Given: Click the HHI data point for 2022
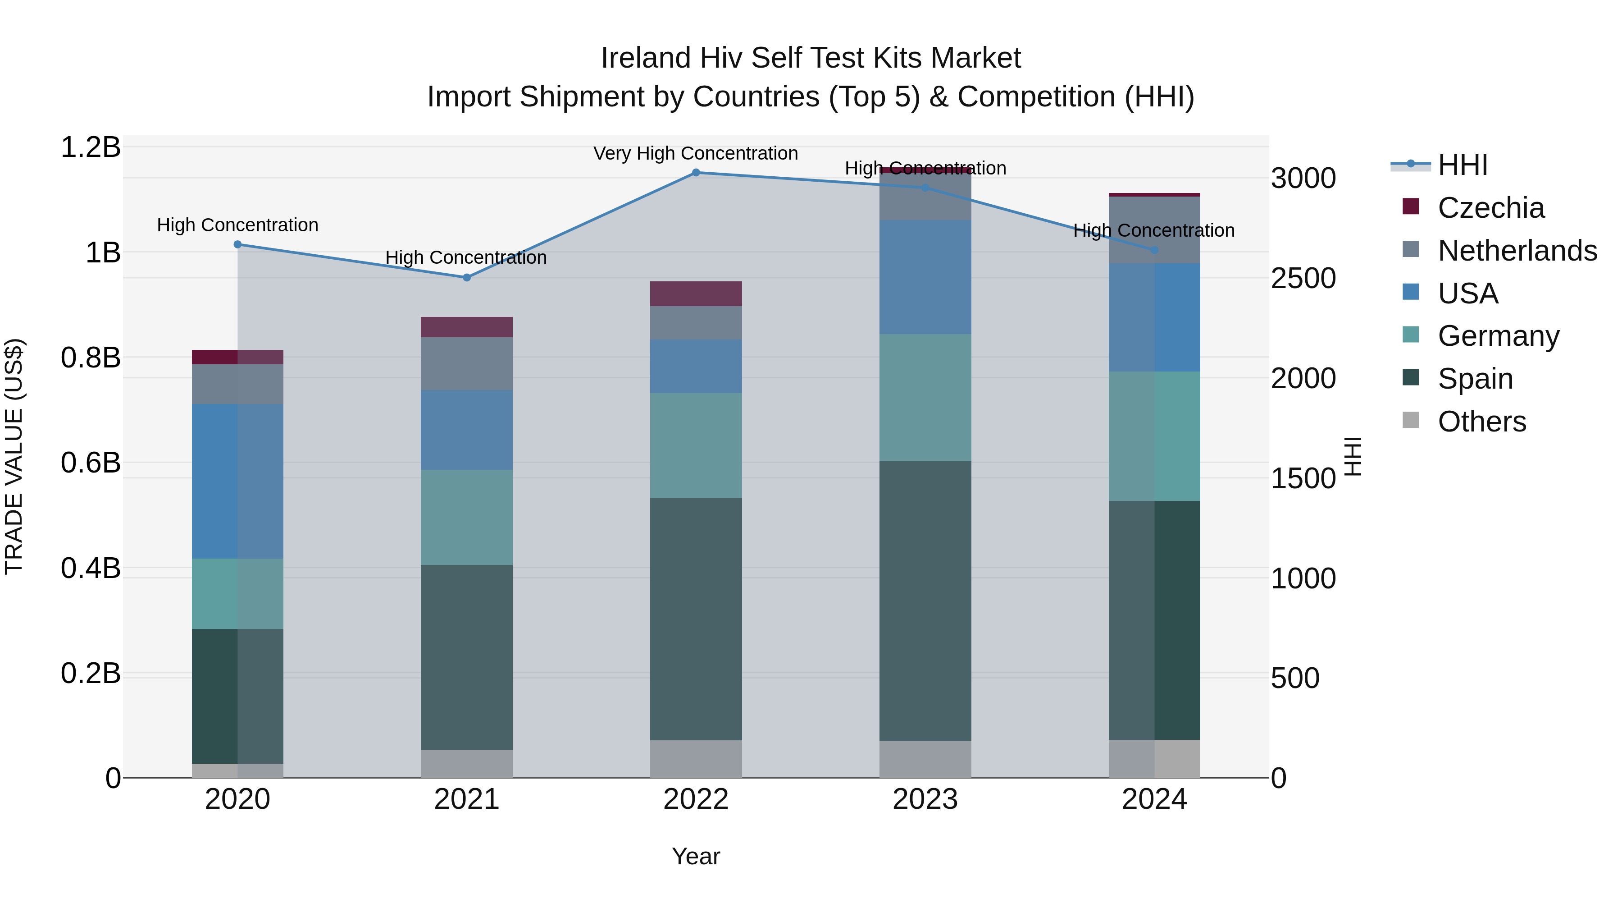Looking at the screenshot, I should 696,173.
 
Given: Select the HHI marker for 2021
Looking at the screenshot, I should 467,278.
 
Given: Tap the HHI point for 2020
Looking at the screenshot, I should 237,244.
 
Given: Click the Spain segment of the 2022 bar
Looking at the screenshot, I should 696,619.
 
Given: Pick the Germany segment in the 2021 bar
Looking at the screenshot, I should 467,517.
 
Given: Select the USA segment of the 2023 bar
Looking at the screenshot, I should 925,277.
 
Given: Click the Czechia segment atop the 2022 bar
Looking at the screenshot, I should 696,294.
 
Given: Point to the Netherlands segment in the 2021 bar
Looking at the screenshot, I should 467,363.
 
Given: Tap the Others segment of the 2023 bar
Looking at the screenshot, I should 925,759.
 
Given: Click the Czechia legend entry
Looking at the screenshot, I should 1490,208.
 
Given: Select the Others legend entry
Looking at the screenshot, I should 1481,422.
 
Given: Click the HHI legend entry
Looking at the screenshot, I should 1462,165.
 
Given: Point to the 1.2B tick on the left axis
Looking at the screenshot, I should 91,147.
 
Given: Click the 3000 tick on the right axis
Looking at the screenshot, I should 1303,178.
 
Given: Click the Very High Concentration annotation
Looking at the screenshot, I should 696,153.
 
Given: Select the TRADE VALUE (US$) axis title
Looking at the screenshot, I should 14,456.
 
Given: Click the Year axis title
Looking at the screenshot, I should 696,856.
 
